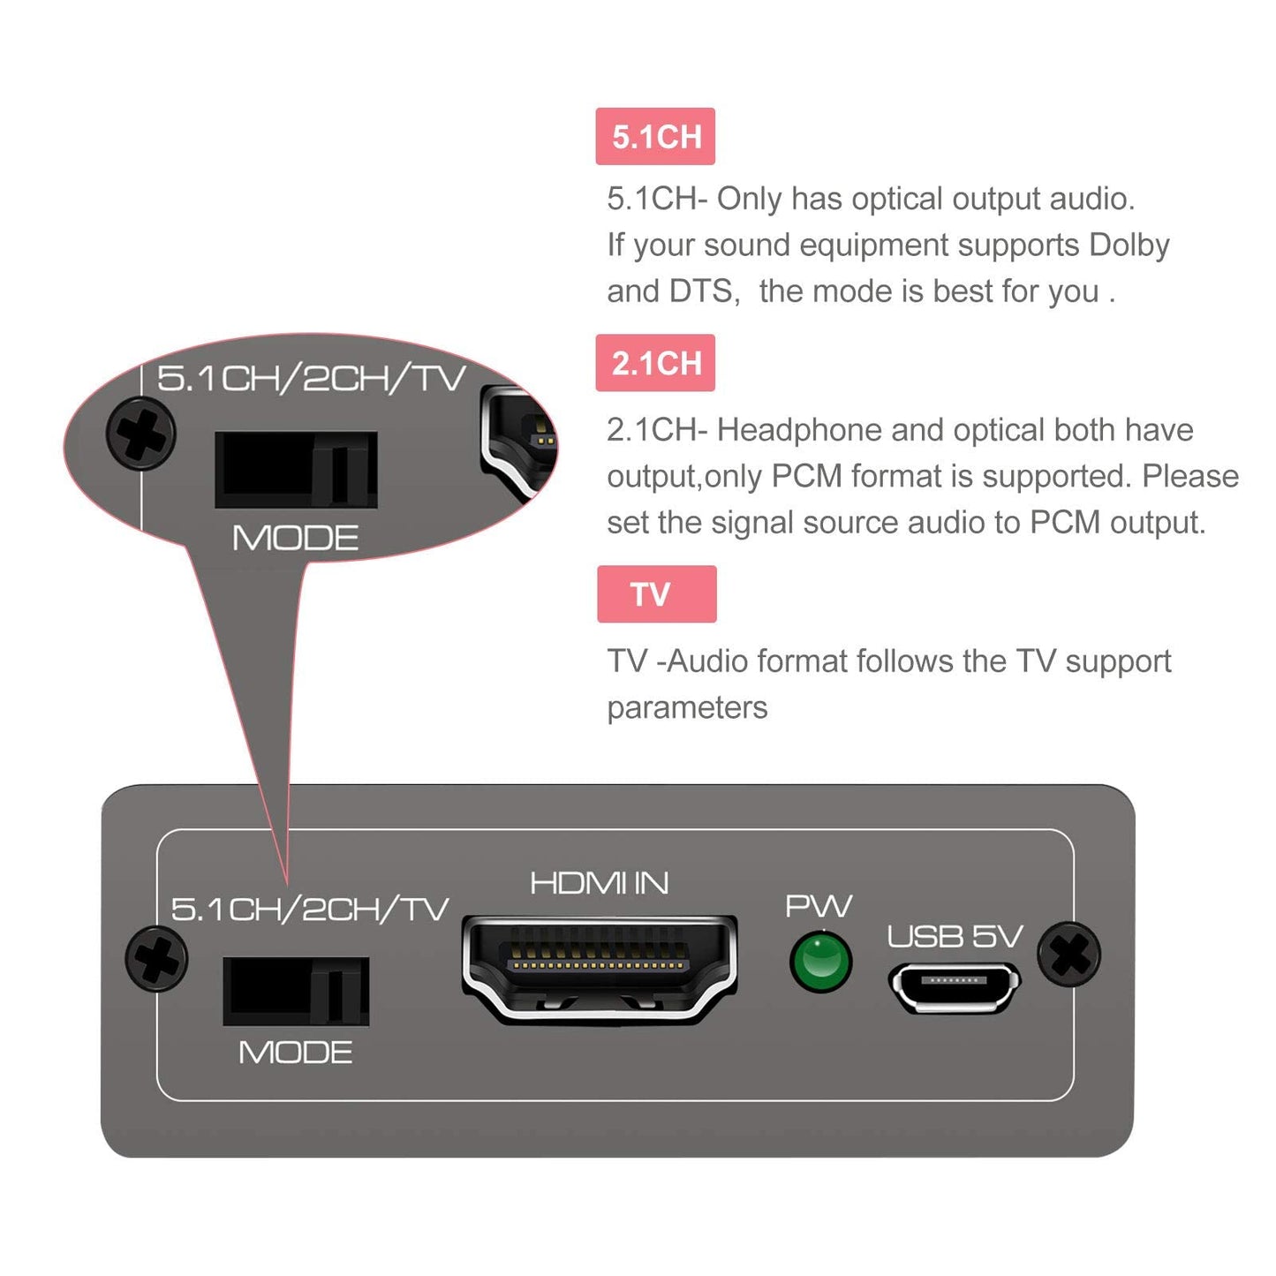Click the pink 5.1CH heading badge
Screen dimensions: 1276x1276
coord(655,137)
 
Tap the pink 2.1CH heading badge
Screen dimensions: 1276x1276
coord(655,363)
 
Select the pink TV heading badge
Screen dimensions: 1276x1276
coord(656,594)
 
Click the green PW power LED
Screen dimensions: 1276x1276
coord(820,962)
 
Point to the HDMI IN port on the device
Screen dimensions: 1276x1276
coord(600,969)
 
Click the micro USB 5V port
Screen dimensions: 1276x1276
coord(955,985)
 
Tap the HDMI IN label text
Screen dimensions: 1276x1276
coord(600,883)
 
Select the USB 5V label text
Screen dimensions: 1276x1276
coord(955,936)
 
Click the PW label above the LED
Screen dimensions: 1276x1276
coord(819,906)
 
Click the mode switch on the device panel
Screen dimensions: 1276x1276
coord(296,991)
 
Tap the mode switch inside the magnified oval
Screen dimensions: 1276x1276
coord(296,469)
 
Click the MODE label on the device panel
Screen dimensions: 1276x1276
coord(295,1053)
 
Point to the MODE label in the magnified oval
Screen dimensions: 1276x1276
coord(295,538)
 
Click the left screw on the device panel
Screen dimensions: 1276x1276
coord(156,958)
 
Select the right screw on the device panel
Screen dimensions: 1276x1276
coord(1068,954)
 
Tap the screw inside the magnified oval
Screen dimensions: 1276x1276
coord(141,434)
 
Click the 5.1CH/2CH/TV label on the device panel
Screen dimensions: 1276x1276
coord(309,909)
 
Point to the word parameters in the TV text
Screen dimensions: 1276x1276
coord(687,708)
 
